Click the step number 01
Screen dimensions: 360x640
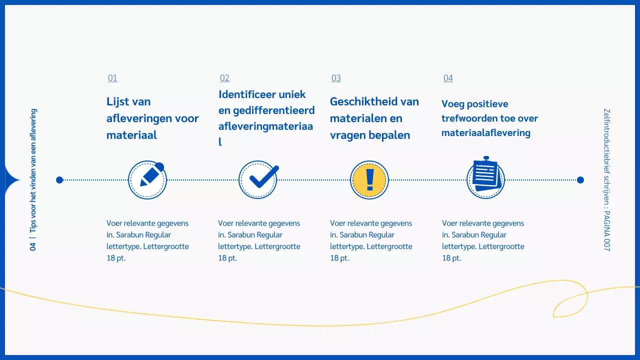tap(112, 78)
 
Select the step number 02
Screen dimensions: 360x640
tap(224, 78)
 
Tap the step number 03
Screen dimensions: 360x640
tap(336, 78)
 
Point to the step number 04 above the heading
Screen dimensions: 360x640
tap(448, 78)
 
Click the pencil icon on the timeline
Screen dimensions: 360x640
tap(147, 180)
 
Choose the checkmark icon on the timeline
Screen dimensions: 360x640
tap(258, 180)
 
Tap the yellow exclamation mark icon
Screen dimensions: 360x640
tap(369, 180)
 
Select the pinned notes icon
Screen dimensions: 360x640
tap(485, 178)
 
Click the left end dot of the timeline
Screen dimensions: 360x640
tap(59, 180)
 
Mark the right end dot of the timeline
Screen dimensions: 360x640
tap(580, 180)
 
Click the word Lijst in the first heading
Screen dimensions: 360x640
tap(118, 102)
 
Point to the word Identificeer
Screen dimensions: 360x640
tap(248, 94)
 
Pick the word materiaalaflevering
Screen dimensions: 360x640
tap(485, 132)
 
